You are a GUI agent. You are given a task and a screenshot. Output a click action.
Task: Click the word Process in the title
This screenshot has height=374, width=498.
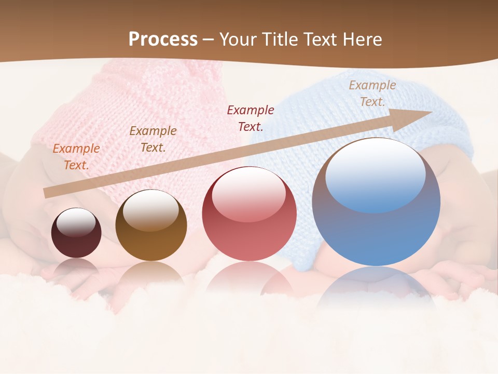click(163, 39)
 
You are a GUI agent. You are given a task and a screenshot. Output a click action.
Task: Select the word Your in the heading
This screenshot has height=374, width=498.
click(239, 39)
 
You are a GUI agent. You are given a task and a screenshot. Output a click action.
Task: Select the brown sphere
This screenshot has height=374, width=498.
click(151, 226)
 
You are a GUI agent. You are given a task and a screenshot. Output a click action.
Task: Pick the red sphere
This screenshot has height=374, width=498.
click(249, 214)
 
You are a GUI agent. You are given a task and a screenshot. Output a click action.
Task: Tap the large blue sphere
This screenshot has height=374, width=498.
click(376, 203)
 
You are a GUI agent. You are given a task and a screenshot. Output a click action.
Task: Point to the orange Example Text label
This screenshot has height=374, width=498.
click(76, 157)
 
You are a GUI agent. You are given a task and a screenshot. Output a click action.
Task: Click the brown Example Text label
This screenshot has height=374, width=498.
click(153, 139)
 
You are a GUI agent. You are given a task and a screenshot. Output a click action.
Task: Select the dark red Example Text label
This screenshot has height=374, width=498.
click(251, 118)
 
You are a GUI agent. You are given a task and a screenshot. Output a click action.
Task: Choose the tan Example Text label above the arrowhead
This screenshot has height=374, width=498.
click(372, 94)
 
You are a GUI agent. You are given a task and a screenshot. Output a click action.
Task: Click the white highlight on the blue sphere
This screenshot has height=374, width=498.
click(375, 174)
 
